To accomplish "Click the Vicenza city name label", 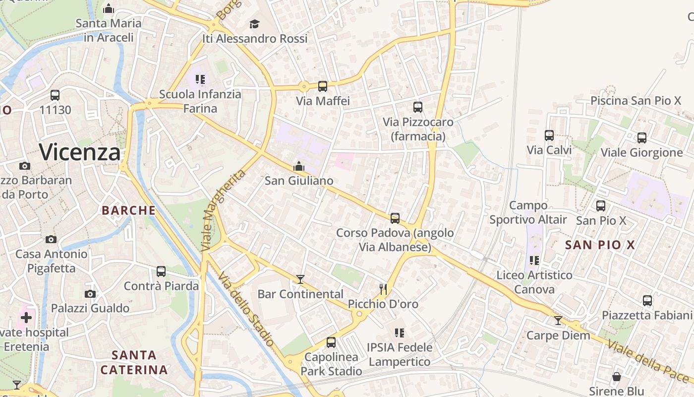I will coord(80,152).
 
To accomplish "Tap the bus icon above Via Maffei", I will coord(323,86).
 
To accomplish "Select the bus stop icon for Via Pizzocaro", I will coord(418,107).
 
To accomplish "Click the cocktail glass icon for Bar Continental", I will coord(300,279).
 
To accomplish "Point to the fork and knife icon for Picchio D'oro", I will coord(383,289).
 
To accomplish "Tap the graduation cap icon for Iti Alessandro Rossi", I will coord(254,24).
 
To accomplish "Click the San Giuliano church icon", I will coord(299,166).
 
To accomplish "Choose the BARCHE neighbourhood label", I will coord(129,210).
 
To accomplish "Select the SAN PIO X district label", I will coord(600,245).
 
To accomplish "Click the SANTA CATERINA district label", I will coord(134,363).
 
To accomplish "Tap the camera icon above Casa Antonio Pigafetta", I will coord(51,240).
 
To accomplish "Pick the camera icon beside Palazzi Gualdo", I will coord(90,294).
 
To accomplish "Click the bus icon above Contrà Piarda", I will coord(161,271).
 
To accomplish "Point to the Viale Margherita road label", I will coord(225,210).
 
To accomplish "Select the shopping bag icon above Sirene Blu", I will coord(617,377).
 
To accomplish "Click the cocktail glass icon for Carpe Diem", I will coord(558,321).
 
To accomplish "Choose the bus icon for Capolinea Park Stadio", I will coord(331,342).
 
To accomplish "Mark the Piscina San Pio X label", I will coord(636,101).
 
